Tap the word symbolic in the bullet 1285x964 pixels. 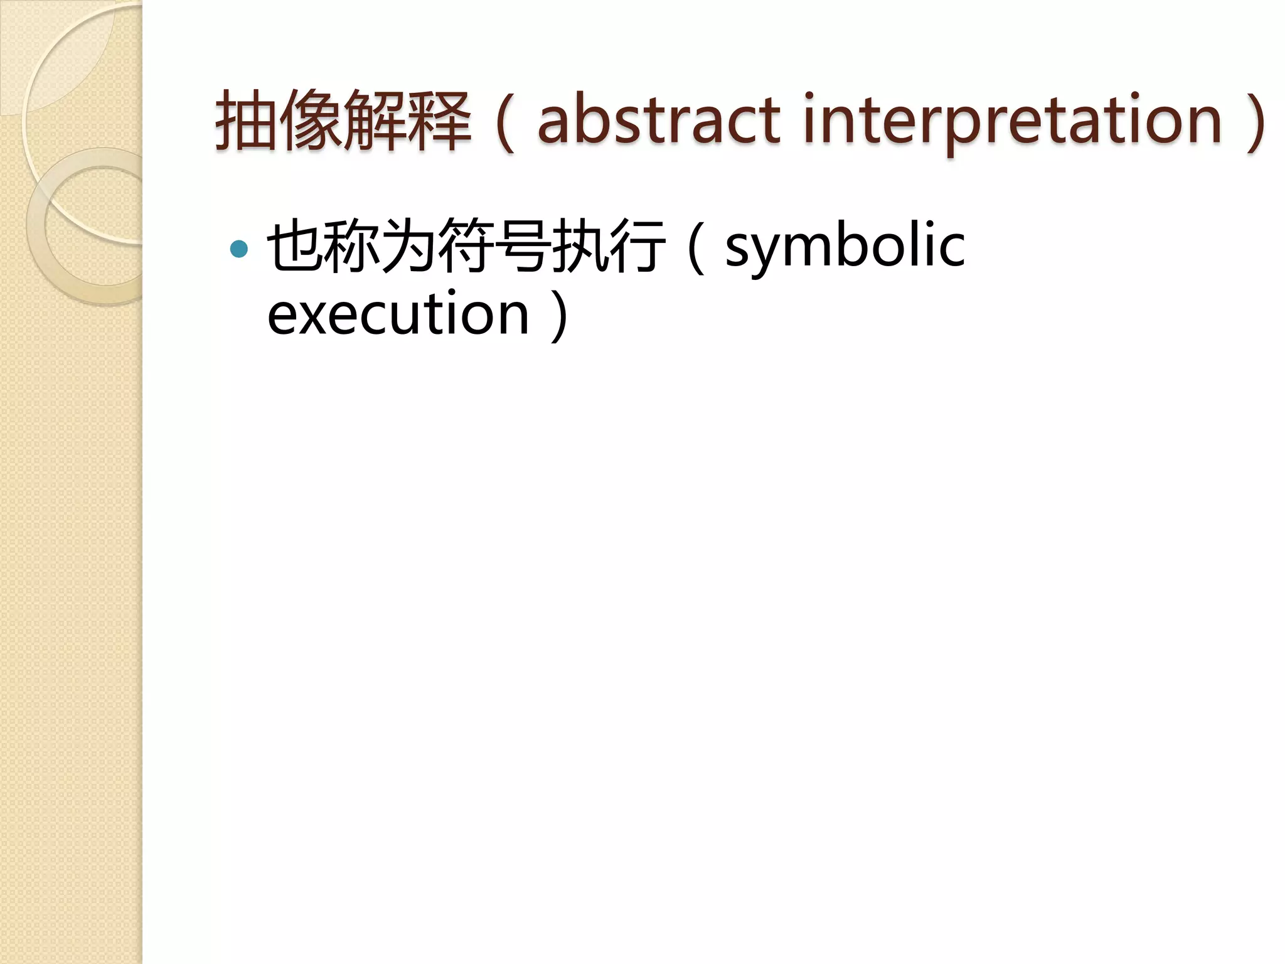pos(845,246)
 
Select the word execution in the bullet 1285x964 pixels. pos(398,314)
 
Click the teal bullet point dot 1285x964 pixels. pos(239,249)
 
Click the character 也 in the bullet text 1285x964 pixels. pos(295,246)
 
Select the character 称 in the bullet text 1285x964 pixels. pos(351,246)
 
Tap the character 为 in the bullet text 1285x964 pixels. pos(408,246)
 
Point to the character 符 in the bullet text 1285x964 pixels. pos(465,246)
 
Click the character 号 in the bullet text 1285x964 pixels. pos(522,246)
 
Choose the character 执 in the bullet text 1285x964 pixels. pos(579,246)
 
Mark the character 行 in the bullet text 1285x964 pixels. pos(636,246)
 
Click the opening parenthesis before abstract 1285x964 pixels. pos(506,123)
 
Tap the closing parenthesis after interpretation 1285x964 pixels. pos(1256,123)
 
